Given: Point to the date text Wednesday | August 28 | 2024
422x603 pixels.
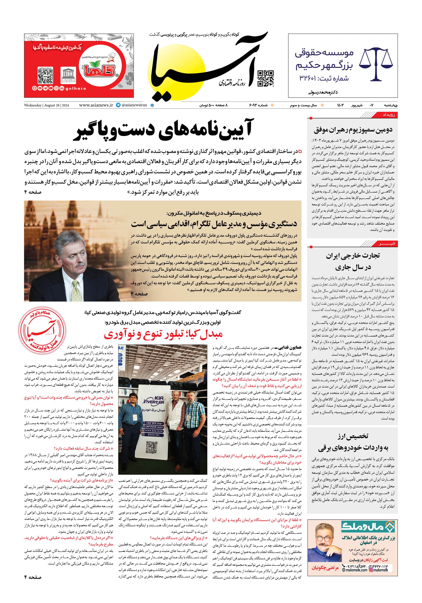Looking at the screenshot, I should (47, 105).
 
